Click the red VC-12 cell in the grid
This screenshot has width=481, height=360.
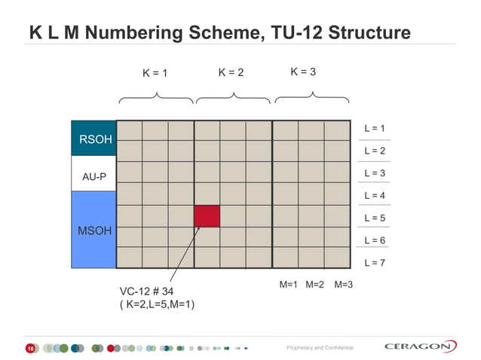click(207, 215)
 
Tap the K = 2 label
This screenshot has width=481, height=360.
click(231, 73)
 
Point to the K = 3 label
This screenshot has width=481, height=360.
click(303, 72)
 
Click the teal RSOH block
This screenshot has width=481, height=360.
click(93, 139)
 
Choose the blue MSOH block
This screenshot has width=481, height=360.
click(93, 230)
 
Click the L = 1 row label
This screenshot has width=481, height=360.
click(375, 129)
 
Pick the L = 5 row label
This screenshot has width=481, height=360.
click(375, 218)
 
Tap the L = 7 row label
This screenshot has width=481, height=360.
click(375, 263)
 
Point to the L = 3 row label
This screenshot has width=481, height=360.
click(375, 173)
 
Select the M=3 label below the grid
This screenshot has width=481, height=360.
click(344, 285)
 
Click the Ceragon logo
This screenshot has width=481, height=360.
click(420, 346)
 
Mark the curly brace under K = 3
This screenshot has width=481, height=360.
click(311, 97)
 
